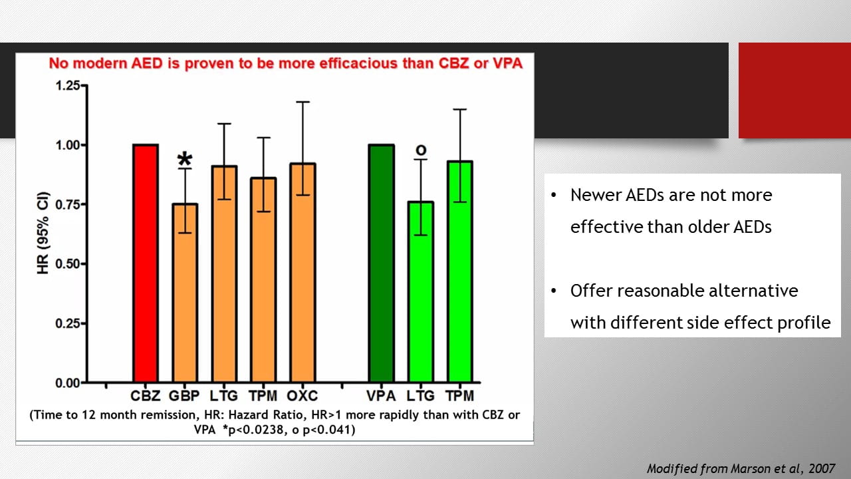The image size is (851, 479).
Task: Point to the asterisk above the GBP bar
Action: pos(185,160)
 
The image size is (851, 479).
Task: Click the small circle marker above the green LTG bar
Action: pos(420,151)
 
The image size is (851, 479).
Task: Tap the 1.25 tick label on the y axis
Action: pos(66,86)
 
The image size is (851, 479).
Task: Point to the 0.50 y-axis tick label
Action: pos(66,264)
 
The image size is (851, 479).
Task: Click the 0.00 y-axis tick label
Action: pos(66,383)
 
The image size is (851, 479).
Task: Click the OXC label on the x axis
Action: pos(303,396)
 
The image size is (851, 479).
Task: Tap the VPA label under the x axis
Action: pos(382,396)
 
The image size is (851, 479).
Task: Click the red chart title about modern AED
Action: pos(285,64)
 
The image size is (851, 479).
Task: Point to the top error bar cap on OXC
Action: pos(303,102)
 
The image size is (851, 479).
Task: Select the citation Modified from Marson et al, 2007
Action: pos(741,468)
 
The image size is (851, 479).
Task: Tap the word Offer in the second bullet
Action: pos(590,291)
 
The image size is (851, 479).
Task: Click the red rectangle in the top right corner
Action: pos(794,90)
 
